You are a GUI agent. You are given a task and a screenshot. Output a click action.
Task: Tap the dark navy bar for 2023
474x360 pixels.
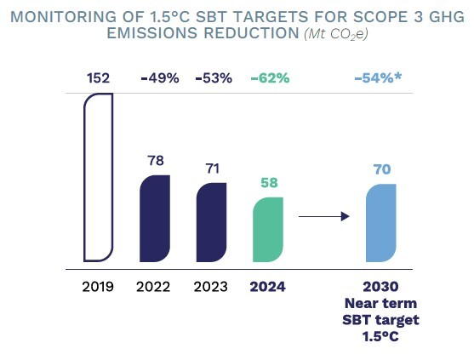click(x=211, y=222)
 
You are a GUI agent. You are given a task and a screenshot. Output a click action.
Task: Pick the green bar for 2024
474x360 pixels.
click(x=268, y=230)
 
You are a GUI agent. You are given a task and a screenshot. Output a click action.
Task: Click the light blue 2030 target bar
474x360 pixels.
click(x=381, y=222)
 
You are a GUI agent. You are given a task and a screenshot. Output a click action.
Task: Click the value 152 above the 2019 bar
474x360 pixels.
click(x=98, y=78)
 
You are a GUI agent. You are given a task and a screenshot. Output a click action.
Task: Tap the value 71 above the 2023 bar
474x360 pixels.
click(x=212, y=168)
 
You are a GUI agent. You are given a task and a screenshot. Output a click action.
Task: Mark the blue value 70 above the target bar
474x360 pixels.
click(x=381, y=168)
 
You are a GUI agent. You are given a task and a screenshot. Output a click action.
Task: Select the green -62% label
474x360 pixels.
click(x=269, y=78)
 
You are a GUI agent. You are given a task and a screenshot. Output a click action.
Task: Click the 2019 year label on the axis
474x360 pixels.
click(x=98, y=286)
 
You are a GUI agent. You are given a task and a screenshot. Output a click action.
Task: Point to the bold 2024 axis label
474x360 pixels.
click(x=269, y=286)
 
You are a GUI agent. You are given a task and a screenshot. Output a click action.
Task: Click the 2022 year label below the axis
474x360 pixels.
click(x=155, y=286)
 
